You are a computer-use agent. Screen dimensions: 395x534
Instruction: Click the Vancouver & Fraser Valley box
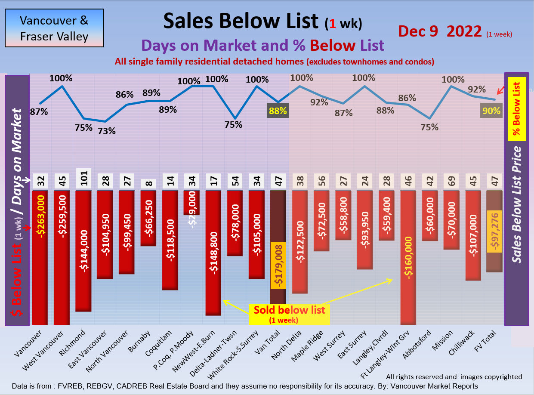54,28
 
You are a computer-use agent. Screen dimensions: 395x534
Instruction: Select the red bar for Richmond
83,250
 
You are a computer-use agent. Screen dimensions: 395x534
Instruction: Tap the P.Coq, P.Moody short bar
191,202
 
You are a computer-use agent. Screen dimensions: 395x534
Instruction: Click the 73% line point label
107,131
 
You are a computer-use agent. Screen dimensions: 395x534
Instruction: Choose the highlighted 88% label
278,111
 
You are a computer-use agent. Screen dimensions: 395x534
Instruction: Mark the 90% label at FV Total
491,111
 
